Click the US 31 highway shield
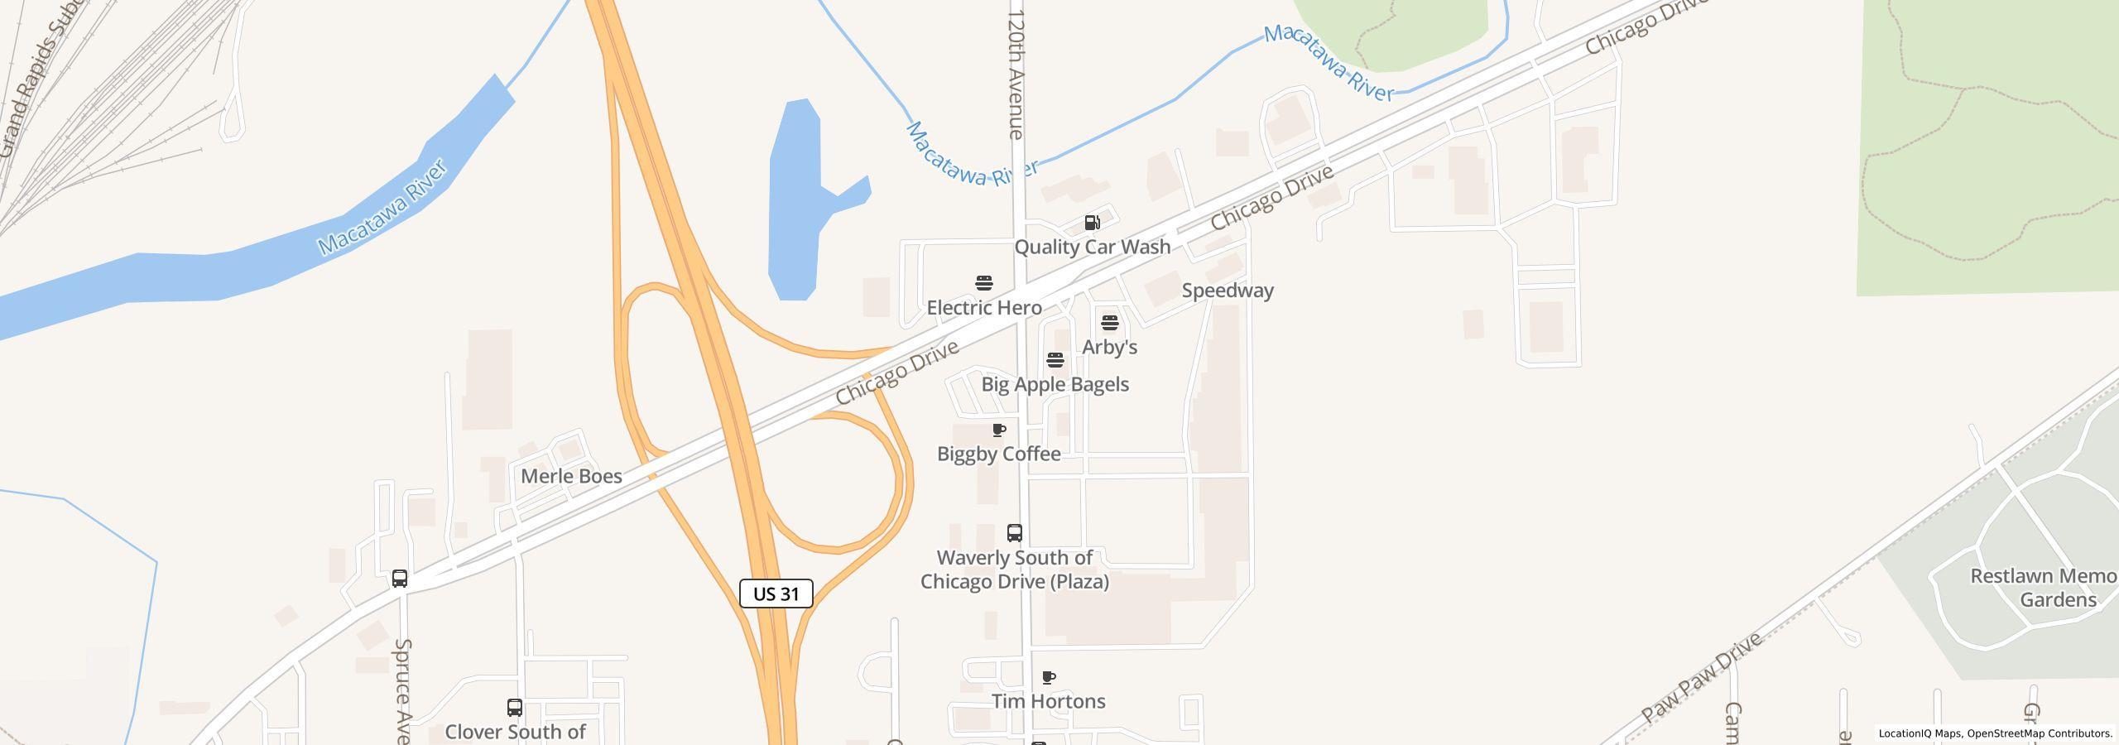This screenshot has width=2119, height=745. tap(776, 594)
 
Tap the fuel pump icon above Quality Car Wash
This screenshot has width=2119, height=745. tap(1092, 223)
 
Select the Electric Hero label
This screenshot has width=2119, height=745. tap(983, 308)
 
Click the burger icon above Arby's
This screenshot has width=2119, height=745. tap(1110, 322)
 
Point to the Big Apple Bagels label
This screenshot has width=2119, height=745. tap(1055, 384)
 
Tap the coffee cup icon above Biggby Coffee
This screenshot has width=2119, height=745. tap(999, 430)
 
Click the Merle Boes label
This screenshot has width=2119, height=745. tap(571, 476)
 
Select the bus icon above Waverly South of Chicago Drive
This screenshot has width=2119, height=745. tap(1014, 532)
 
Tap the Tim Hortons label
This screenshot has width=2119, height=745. tap(1048, 701)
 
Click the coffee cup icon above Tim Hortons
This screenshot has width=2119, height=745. tap(1048, 678)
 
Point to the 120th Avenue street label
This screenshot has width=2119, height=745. tap(1016, 74)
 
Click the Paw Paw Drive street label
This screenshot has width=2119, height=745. tap(1703, 679)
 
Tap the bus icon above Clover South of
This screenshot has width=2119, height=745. tap(514, 708)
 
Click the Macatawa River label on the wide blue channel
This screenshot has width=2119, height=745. tap(382, 207)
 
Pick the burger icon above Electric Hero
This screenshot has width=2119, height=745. tap(983, 284)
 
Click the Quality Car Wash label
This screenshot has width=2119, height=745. tap(1092, 247)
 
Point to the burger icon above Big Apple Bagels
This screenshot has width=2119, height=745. tap(1055, 360)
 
